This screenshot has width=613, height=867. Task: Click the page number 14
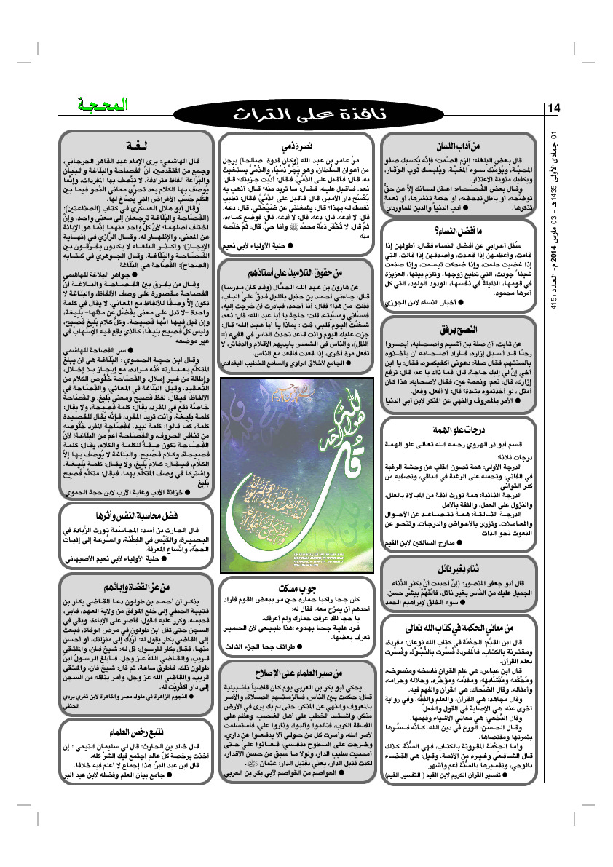[554, 109]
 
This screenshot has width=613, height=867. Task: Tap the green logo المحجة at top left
[103, 105]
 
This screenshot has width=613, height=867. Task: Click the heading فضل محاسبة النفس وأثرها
[135, 515]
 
